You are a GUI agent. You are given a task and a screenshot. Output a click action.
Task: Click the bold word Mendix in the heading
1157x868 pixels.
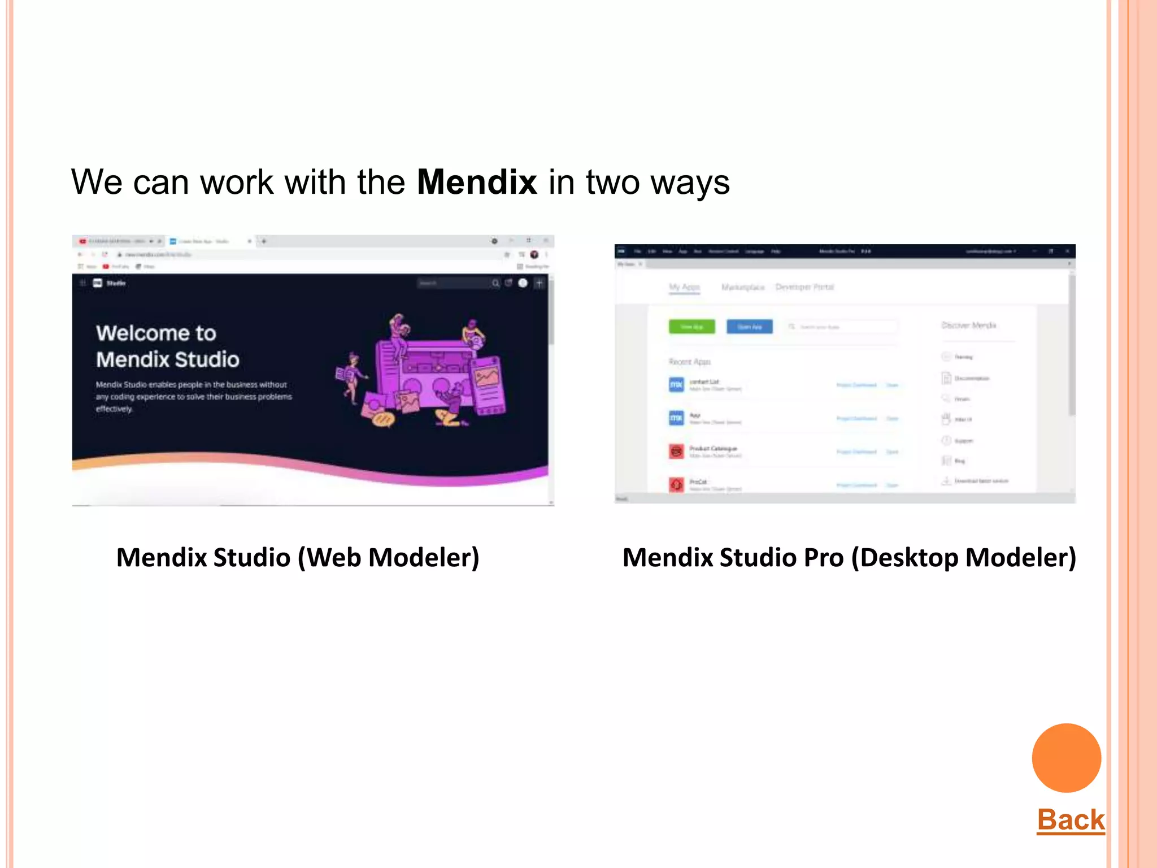476,183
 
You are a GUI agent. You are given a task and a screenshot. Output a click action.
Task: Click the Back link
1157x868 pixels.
1071,819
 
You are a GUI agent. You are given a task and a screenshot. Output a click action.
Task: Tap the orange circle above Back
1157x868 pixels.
1066,758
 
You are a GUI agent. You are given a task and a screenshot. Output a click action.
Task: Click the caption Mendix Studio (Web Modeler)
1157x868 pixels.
298,558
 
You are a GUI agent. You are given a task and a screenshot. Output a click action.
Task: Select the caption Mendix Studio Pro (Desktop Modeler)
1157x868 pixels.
849,558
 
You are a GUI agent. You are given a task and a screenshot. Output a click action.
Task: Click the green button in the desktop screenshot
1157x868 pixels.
691,327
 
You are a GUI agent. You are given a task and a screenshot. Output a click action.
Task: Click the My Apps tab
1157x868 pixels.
684,287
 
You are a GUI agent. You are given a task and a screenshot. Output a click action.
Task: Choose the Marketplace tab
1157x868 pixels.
742,287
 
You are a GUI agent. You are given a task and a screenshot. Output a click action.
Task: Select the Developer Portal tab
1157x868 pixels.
804,287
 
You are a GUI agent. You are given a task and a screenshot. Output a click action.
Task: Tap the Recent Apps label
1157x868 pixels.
689,362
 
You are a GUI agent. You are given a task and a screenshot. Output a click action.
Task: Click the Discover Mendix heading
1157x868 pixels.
968,325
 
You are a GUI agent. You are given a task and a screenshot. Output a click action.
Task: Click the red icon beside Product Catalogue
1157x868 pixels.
676,451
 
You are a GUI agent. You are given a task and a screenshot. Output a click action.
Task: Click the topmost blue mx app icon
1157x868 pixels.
676,385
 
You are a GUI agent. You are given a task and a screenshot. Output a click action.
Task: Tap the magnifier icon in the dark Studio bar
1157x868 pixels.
495,283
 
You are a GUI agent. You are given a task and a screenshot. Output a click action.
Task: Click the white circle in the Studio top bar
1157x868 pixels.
523,283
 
